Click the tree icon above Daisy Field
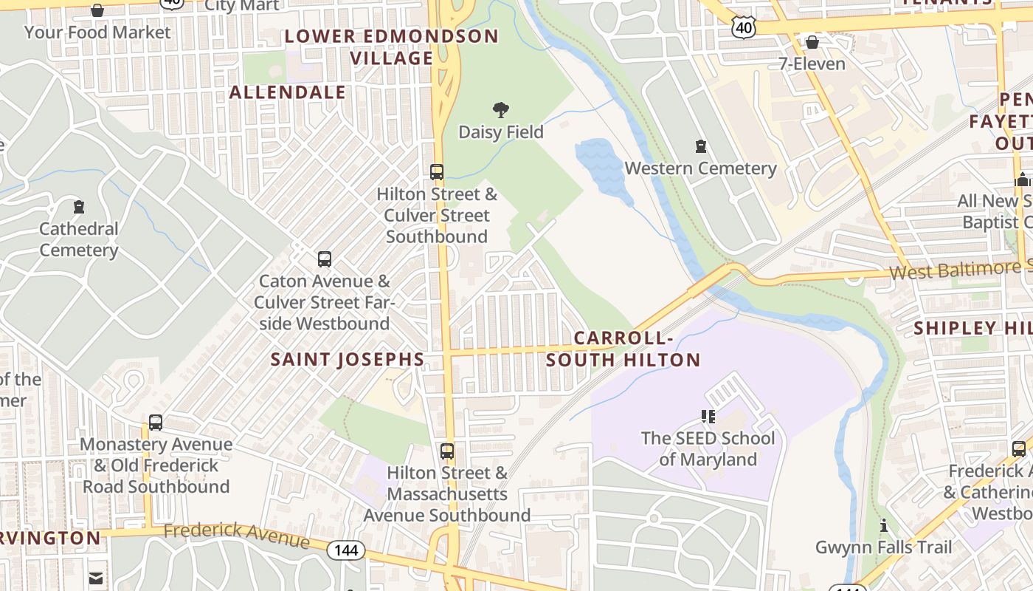point(501,111)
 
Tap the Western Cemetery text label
point(700,168)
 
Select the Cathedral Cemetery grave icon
point(79,207)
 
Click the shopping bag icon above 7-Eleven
point(812,42)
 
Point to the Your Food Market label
point(97,33)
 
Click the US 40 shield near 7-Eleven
point(743,27)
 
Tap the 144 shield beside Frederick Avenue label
point(346,550)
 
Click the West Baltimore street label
point(959,270)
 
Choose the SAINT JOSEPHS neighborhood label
point(348,360)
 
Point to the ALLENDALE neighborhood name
point(288,92)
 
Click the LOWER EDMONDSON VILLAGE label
point(392,47)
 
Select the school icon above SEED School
point(708,417)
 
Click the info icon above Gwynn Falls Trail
point(884,526)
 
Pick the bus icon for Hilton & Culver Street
point(437,172)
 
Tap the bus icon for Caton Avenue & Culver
point(324,259)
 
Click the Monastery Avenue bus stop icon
point(155,423)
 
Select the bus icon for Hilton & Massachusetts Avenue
point(447,451)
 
